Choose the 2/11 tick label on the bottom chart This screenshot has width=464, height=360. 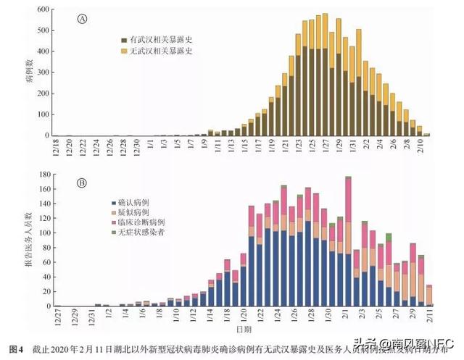(x=431, y=317)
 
